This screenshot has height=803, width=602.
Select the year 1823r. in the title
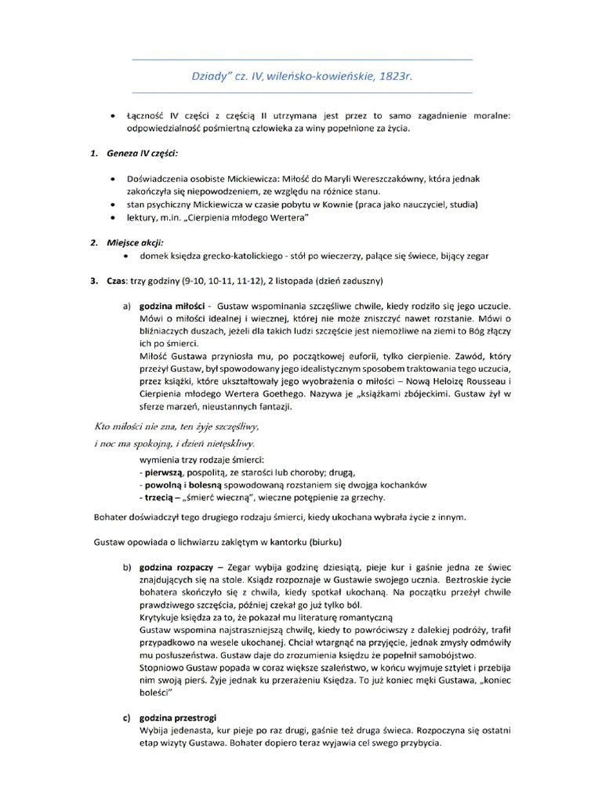pos(397,77)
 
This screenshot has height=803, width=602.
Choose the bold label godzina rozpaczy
pos(174,566)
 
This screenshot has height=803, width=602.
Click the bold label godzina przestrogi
pos(177,718)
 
